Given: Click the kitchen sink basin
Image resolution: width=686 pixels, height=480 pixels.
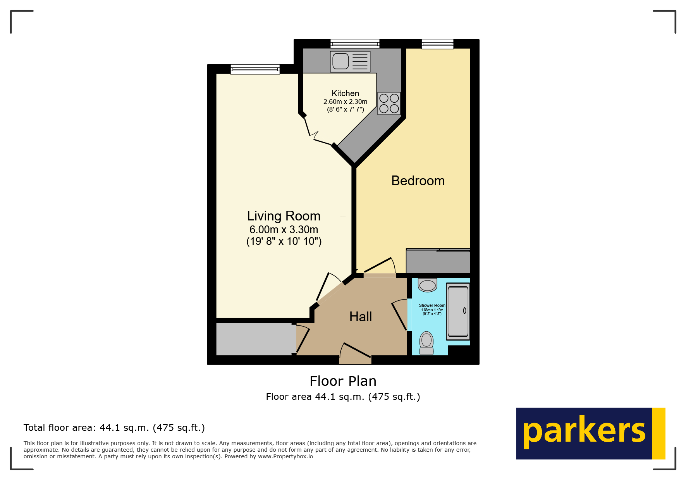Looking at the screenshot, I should pyautogui.click(x=341, y=61).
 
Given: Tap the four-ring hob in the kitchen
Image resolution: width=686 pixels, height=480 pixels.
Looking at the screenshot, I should pyautogui.click(x=389, y=103).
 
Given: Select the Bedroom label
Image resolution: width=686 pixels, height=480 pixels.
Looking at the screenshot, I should pyautogui.click(x=418, y=181).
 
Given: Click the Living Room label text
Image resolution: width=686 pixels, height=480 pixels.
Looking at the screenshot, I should pyautogui.click(x=284, y=216).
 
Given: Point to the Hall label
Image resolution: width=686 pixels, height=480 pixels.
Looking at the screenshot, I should pyautogui.click(x=361, y=317).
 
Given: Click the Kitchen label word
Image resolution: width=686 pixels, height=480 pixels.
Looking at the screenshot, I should pyautogui.click(x=345, y=93).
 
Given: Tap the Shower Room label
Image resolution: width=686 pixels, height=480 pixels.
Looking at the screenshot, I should pyautogui.click(x=432, y=305).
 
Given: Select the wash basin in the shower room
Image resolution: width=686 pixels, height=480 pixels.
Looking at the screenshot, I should pyautogui.click(x=428, y=286).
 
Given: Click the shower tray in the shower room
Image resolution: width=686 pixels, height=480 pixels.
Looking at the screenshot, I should pyautogui.click(x=458, y=311).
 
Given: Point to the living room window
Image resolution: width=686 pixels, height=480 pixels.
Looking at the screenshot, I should pyautogui.click(x=255, y=69).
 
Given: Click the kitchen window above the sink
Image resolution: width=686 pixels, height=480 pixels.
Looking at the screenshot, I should pyautogui.click(x=355, y=44).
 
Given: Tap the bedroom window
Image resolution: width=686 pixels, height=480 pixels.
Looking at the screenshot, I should pyautogui.click(x=437, y=44).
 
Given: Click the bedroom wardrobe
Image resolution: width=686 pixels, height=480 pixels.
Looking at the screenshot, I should pyautogui.click(x=438, y=262).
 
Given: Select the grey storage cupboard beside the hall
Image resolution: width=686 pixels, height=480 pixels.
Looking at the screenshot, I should pyautogui.click(x=254, y=339).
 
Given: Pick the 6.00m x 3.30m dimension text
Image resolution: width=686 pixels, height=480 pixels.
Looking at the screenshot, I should pyautogui.click(x=284, y=229).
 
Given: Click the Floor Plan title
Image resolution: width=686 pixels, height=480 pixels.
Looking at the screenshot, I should pyautogui.click(x=343, y=381).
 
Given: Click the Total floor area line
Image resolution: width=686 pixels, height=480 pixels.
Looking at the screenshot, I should pyautogui.click(x=114, y=428).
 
